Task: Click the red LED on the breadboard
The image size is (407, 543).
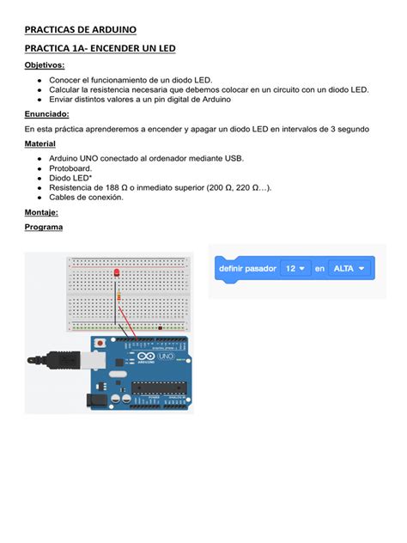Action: click(x=116, y=273)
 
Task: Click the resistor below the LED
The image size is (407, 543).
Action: click(x=118, y=298)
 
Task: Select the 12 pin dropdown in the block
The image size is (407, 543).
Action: click(x=295, y=269)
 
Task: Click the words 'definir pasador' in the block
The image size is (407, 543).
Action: click(x=247, y=269)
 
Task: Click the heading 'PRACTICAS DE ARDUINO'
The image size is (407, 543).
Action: click(x=80, y=30)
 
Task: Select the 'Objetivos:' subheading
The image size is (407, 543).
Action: click(x=44, y=65)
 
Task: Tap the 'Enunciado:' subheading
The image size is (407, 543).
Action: click(x=47, y=113)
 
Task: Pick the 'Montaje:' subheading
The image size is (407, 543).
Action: click(x=41, y=211)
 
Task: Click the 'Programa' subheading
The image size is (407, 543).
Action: click(x=44, y=227)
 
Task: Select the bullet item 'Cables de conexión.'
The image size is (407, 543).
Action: click(x=86, y=197)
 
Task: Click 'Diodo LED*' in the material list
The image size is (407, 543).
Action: click(x=72, y=178)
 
